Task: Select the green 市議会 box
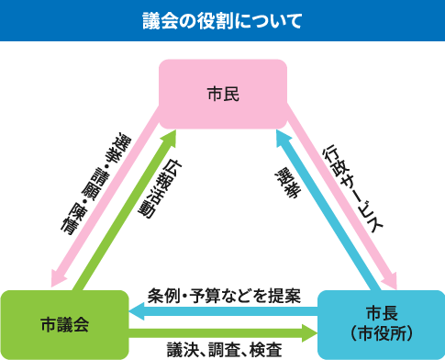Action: (x=64, y=323)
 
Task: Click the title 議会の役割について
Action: (x=222, y=19)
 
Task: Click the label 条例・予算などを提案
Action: (x=224, y=297)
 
